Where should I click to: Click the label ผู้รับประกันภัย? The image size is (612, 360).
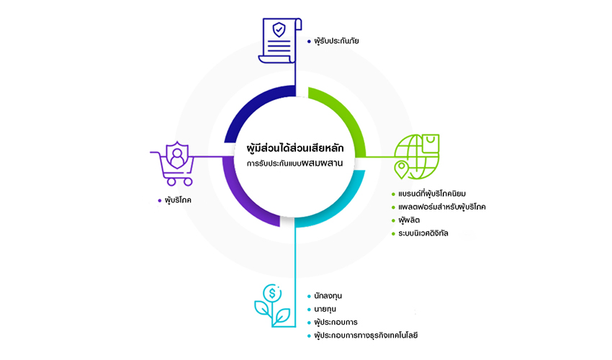point(336,41)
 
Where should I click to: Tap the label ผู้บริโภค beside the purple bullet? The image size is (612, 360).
point(179,200)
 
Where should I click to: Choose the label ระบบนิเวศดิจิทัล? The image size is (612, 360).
point(425,233)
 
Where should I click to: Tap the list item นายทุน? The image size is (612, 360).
point(326,309)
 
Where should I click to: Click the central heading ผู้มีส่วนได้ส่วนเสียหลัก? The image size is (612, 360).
point(294,149)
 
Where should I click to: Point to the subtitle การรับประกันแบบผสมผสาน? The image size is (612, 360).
point(294,164)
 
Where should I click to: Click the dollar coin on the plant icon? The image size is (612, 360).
point(272,292)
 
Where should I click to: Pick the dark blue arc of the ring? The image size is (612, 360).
point(256,104)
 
